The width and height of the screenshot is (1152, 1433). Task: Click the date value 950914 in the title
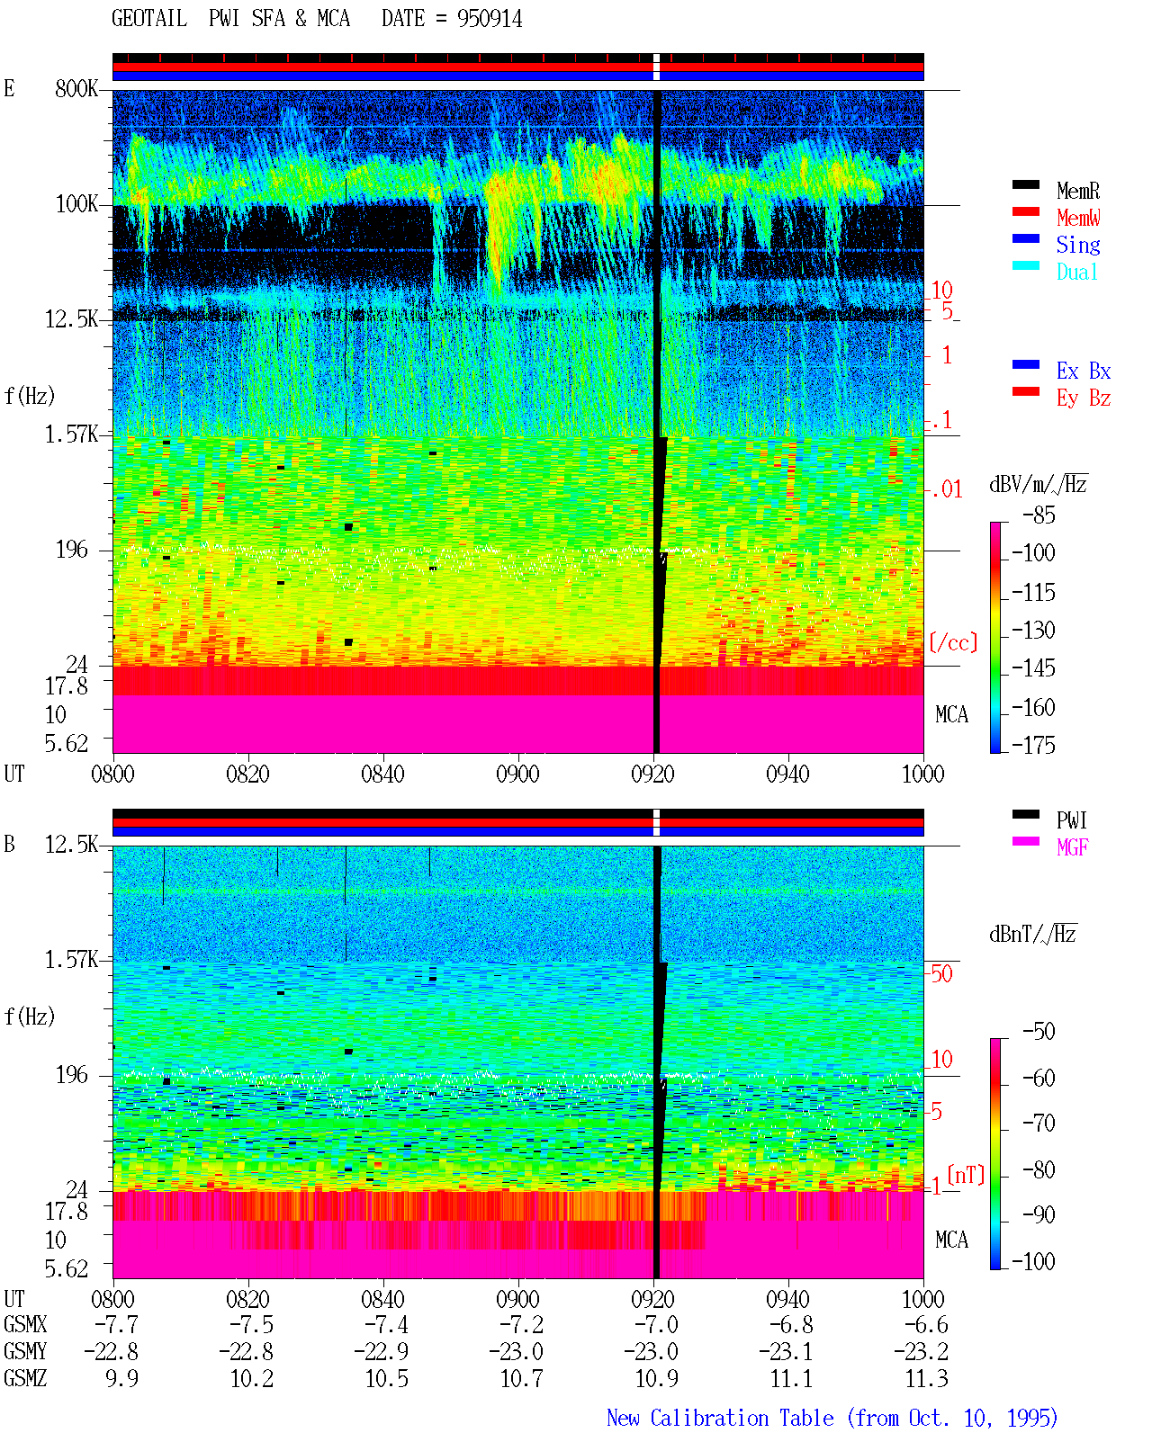[489, 19]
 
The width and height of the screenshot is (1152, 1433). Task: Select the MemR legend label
[1077, 191]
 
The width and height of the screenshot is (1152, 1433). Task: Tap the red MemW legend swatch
[1025, 211]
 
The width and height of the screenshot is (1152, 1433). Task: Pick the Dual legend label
[1076, 272]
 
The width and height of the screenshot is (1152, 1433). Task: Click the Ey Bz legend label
[1084, 398]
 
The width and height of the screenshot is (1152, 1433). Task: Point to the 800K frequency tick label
[76, 88]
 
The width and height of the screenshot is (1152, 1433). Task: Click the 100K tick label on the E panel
[76, 204]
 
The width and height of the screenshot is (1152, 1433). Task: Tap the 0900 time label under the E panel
[517, 774]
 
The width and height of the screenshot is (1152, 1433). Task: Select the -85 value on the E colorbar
[1039, 515]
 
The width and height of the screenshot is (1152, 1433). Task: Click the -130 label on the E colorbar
[1033, 630]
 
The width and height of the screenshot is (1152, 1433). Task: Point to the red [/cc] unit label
[953, 642]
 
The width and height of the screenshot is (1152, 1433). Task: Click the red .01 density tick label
[946, 490]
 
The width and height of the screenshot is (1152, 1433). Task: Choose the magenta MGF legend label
[1072, 847]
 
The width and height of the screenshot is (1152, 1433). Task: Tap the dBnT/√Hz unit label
[1032, 934]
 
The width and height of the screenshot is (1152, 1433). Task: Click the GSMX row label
[25, 1324]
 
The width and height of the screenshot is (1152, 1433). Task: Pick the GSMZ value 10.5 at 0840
[386, 1378]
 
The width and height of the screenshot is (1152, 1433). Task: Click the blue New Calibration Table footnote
[832, 1418]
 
